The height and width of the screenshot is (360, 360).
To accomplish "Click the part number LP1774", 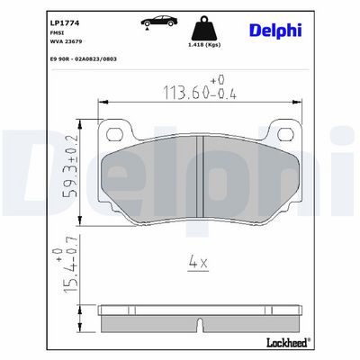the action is pyautogui.click(x=65, y=23).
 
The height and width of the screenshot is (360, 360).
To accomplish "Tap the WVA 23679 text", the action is pyautogui.click(x=66, y=41).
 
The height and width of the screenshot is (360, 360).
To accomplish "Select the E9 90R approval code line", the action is pyautogui.click(x=84, y=59).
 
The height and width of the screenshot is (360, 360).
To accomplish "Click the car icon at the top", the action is pyautogui.click(x=159, y=22).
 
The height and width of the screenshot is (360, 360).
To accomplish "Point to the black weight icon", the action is pyautogui.click(x=204, y=28).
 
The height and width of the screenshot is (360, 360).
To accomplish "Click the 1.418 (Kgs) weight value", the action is pyautogui.click(x=204, y=45).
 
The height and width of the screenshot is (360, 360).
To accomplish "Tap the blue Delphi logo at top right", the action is pyautogui.click(x=275, y=31).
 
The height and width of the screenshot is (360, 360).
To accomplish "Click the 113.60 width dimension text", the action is pyautogui.click(x=200, y=88).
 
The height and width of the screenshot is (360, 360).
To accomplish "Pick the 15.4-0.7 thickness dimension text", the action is pyautogui.click(x=67, y=265).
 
